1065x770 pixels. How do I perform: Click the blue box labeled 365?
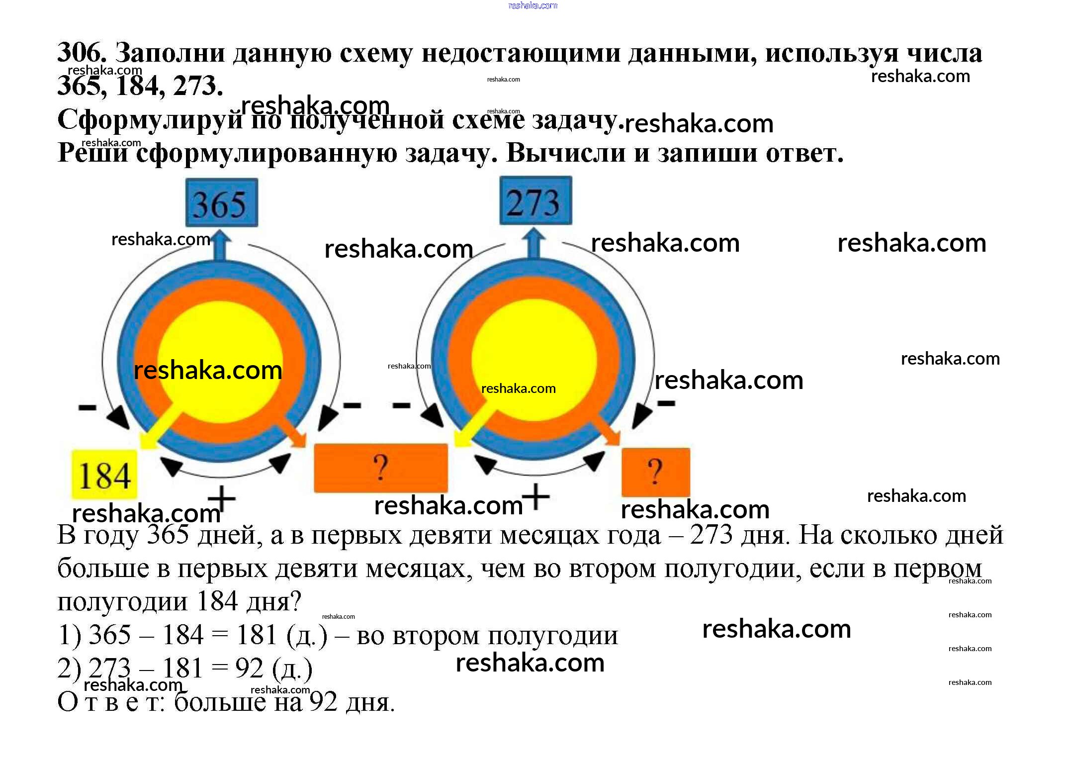tap(221, 202)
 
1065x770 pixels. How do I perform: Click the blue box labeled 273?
tap(535, 200)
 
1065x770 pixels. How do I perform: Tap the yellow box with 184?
tap(104, 475)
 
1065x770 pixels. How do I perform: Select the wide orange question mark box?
tap(380, 468)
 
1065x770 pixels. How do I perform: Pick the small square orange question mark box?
tap(655, 472)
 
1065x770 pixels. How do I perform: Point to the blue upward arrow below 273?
tap(533, 243)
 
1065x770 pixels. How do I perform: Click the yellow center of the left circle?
tap(220, 338)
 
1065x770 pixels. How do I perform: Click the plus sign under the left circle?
tap(221, 498)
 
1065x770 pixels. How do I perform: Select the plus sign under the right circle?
tap(536, 496)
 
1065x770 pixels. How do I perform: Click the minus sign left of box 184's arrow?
tap(87, 407)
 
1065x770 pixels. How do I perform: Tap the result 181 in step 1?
tap(257, 635)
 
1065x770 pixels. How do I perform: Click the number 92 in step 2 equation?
tap(249, 668)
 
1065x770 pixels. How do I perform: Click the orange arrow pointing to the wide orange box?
tap(291, 428)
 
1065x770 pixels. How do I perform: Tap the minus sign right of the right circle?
tap(666, 403)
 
